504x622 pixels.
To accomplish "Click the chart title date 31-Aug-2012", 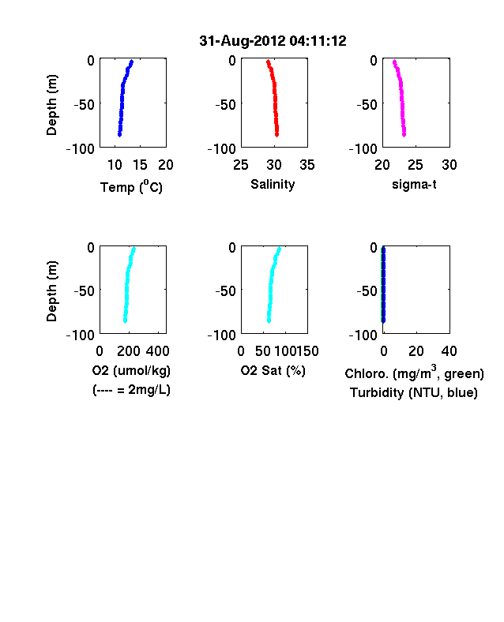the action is (242, 41).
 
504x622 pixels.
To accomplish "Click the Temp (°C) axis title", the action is (131, 186).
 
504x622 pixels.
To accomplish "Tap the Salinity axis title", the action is (273, 185).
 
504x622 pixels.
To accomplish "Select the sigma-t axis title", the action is (414, 185).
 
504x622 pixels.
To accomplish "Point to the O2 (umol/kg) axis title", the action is (131, 370).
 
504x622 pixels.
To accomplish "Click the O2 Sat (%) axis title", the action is (273, 370).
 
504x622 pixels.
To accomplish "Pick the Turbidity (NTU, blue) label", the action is (413, 393).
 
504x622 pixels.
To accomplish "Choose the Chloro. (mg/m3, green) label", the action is (414, 373).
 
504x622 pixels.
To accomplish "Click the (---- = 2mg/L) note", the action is (131, 390).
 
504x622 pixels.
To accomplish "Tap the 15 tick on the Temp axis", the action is (140, 165).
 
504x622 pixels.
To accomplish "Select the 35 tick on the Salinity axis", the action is (307, 165).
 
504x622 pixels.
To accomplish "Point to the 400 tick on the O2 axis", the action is (157, 351).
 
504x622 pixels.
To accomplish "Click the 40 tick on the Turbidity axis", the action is (449, 351).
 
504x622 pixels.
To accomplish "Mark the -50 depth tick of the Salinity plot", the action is (225, 105).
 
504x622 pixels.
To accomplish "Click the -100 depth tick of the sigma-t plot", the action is (363, 149).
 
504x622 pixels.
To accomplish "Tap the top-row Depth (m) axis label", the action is (51, 105).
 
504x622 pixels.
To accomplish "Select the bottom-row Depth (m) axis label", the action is (51, 291).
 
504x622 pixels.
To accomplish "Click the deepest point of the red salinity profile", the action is (277, 135).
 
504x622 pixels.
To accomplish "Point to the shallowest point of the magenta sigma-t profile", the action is (394, 62).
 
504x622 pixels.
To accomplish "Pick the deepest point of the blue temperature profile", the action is (119, 135).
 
